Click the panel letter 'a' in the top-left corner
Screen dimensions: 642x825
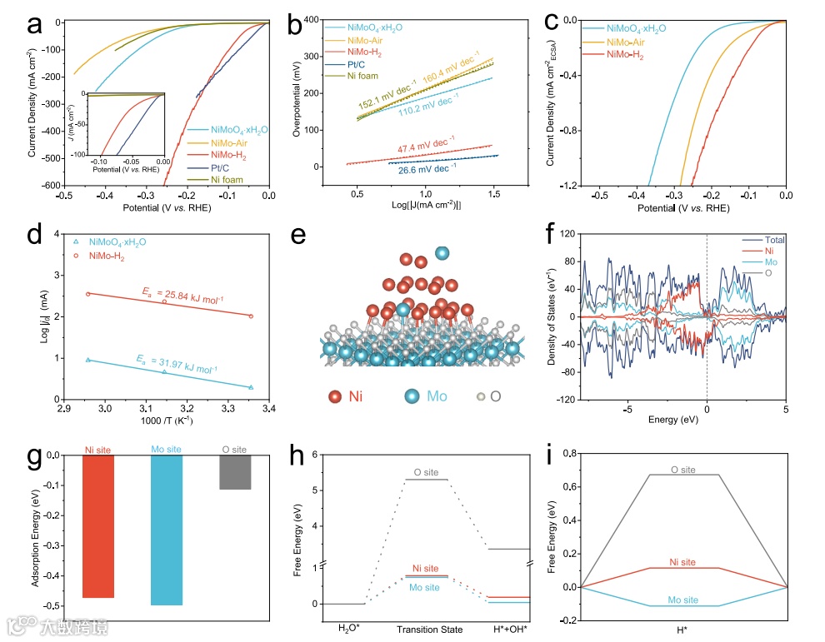pyautogui.click(x=35, y=24)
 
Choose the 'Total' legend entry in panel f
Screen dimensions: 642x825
pyautogui.click(x=774, y=241)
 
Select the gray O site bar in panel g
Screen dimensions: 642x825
pyautogui.click(x=235, y=472)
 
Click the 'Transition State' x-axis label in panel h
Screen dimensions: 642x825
pyautogui.click(x=429, y=629)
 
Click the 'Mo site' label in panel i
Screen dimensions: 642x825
pyautogui.click(x=683, y=600)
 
